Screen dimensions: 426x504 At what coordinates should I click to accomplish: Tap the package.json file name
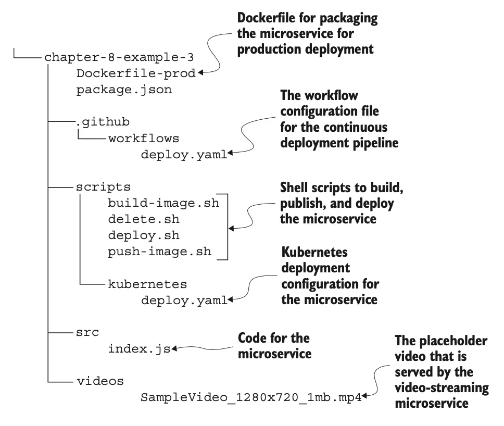click(x=124, y=90)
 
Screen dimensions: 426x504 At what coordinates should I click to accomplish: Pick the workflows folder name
click(x=144, y=139)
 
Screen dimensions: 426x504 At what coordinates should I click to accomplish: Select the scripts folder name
click(x=104, y=186)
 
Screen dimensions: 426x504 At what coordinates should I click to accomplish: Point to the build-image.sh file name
click(x=163, y=203)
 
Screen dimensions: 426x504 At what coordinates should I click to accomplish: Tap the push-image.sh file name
click(x=160, y=252)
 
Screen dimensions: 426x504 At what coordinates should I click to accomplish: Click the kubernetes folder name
click(x=147, y=284)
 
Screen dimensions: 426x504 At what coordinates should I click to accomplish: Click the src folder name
click(x=88, y=332)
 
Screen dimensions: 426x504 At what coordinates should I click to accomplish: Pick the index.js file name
click(x=139, y=348)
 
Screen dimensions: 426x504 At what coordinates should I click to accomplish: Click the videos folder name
click(x=100, y=381)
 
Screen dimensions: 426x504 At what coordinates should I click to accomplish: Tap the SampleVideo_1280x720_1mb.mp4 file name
click(x=251, y=397)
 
